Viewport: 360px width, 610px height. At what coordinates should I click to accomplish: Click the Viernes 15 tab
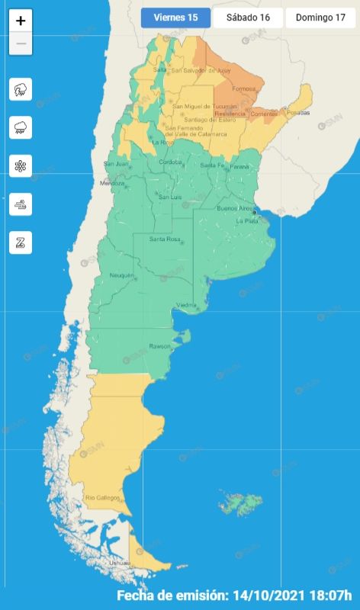tap(175, 18)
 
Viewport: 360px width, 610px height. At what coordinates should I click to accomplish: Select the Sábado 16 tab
tap(247, 18)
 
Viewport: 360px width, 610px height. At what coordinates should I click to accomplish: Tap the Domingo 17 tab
tap(320, 18)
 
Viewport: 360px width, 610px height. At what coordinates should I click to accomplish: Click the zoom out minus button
tap(21, 43)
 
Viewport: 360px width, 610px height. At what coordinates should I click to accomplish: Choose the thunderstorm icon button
tap(21, 89)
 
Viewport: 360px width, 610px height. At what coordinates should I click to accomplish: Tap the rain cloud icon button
tap(21, 127)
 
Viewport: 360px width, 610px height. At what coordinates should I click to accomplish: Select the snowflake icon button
tap(21, 165)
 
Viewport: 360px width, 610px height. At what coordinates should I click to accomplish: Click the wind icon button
tap(21, 204)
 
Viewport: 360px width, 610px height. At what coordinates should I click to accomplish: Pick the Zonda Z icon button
tap(21, 242)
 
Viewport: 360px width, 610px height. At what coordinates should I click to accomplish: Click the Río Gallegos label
tap(102, 498)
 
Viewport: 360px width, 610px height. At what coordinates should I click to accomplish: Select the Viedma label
tap(187, 305)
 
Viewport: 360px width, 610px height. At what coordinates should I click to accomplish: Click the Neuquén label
tap(122, 274)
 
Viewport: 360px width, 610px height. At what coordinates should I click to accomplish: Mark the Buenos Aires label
tap(234, 208)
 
